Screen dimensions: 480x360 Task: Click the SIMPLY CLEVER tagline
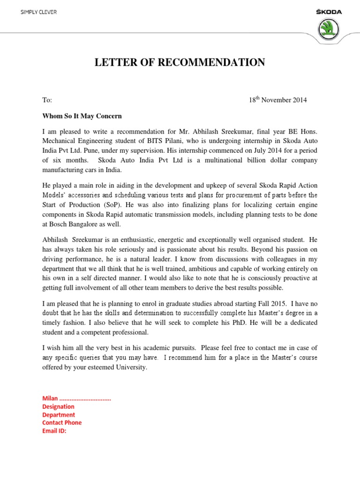pos(38,12)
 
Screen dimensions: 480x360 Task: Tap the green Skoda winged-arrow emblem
pos(330,30)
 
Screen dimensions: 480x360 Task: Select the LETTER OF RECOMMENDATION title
pos(180,62)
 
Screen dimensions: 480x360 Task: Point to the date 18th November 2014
pos(277,100)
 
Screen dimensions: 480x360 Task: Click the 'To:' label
pos(47,100)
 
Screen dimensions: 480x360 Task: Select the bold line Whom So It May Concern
pos(82,116)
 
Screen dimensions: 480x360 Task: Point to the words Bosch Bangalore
pos(73,225)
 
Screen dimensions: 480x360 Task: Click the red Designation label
pos(58,406)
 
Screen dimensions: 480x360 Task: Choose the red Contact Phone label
pos(62,422)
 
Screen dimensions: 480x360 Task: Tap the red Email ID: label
pos(54,430)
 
